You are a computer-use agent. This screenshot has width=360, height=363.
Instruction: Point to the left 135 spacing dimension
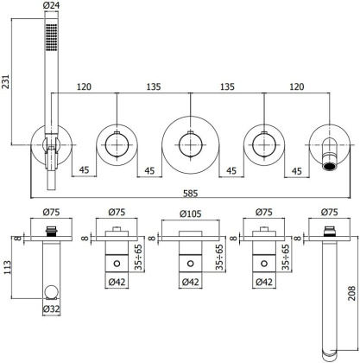[x=152, y=87]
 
